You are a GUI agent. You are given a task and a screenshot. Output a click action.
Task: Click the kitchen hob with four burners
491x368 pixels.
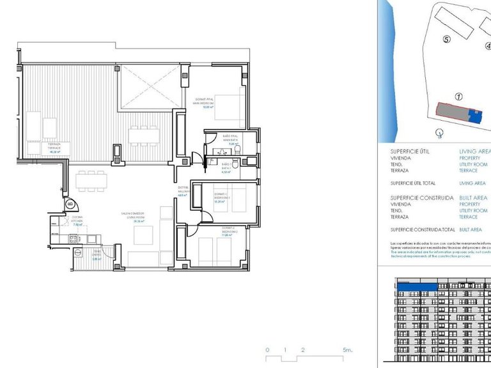[x=73, y=239]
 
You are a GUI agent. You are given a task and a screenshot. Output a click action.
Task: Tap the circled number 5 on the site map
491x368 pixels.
[x=447, y=39]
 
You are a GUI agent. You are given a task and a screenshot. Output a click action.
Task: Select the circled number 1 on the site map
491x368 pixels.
[x=458, y=97]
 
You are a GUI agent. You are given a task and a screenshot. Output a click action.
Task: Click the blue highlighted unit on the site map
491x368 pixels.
[x=474, y=117]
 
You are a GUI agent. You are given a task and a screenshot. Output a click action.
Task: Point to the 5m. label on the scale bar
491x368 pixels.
[x=347, y=350]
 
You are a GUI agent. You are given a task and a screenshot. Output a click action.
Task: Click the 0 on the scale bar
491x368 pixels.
[x=267, y=350]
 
